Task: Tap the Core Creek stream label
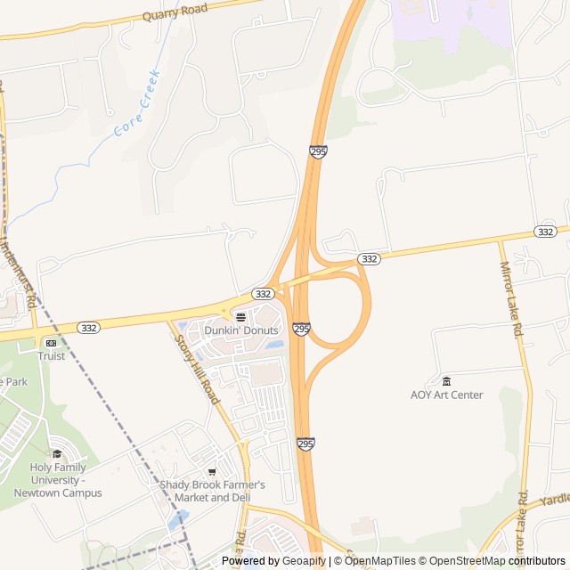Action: (137, 102)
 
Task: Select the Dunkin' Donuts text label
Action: (241, 330)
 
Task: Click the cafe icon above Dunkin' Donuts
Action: (240, 316)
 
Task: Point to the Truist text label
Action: (51, 355)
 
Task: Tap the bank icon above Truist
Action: (51, 342)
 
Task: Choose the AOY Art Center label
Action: (446, 395)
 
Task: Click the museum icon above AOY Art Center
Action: (446, 381)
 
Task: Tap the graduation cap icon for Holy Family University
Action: (58, 454)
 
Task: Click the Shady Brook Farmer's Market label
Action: (212, 491)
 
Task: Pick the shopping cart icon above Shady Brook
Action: (212, 471)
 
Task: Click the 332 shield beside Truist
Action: (88, 328)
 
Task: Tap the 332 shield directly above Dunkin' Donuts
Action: (262, 293)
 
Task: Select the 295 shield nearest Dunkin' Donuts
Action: (302, 329)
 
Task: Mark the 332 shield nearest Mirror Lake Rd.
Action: (546, 231)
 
